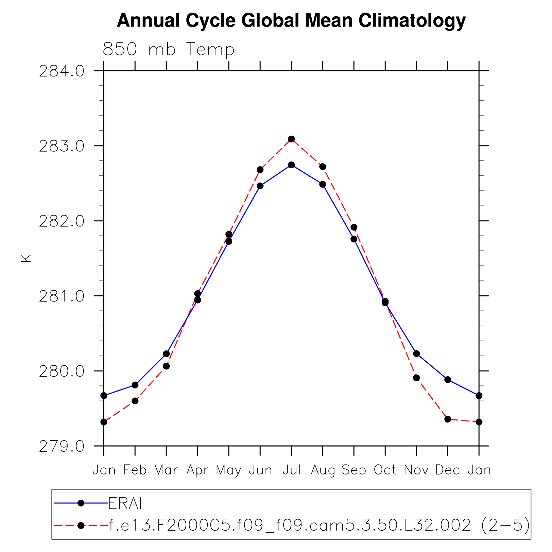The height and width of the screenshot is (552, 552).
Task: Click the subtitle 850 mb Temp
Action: click(x=169, y=50)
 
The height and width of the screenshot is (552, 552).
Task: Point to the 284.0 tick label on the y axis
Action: click(x=62, y=71)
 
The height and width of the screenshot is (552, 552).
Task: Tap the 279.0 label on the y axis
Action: click(x=62, y=446)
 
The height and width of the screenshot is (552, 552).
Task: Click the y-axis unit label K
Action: click(x=26, y=258)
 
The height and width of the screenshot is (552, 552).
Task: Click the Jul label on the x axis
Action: click(x=292, y=470)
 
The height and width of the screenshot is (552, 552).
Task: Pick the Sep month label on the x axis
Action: click(x=354, y=470)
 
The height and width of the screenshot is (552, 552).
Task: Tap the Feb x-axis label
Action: click(x=135, y=470)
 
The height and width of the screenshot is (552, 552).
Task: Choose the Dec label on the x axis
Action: click(x=448, y=470)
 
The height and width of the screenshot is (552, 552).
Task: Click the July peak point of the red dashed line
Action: click(x=291, y=139)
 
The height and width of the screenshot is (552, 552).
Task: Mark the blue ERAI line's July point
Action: click(x=291, y=165)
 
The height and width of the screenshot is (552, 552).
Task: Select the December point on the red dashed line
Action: click(x=448, y=419)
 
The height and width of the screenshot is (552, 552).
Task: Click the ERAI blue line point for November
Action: click(x=416, y=354)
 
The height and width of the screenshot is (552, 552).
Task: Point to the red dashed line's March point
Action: click(x=166, y=366)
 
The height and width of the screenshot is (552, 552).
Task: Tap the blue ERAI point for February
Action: click(x=135, y=385)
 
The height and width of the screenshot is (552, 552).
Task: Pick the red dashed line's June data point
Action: click(x=260, y=170)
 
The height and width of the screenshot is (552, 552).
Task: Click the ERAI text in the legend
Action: click(x=125, y=503)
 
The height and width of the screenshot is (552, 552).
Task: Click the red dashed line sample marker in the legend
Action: click(x=81, y=525)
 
